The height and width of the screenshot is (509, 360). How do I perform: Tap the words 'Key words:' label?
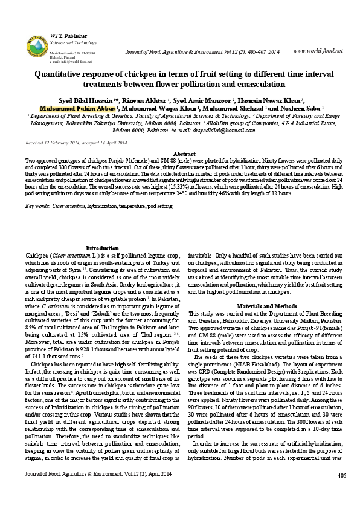pos(37,206)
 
